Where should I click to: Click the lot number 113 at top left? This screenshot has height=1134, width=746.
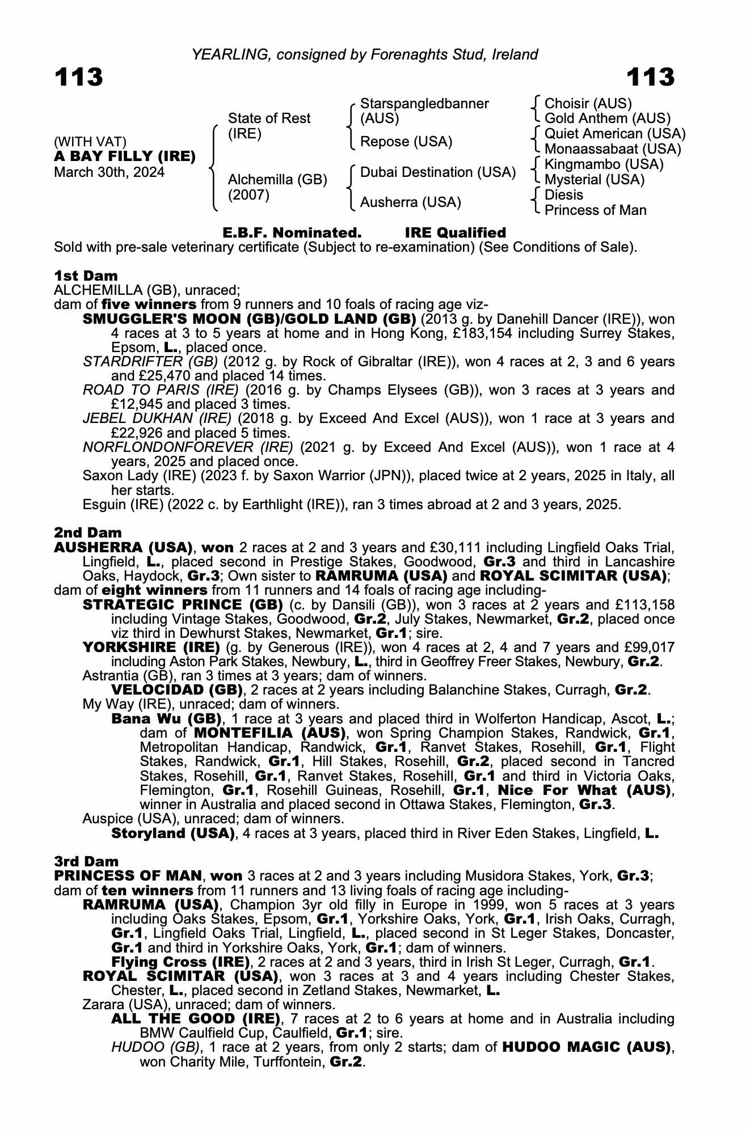pos(79,77)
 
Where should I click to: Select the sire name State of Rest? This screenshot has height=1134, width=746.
pos(269,119)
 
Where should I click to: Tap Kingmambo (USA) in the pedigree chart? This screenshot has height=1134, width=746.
pos(604,164)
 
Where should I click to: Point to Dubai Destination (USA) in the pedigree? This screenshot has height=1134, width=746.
pos(438,172)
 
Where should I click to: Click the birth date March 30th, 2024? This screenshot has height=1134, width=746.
pos(109,172)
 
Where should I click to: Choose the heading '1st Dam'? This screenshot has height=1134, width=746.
pos(86,276)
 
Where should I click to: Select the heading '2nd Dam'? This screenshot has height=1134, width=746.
pos(87,533)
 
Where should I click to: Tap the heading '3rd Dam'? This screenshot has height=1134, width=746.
pos(86,862)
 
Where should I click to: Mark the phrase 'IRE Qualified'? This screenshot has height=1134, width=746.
pos(455,233)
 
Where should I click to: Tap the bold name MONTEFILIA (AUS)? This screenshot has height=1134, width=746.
pos(270,733)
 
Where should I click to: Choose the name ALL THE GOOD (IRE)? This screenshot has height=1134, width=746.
pos(196,1019)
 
